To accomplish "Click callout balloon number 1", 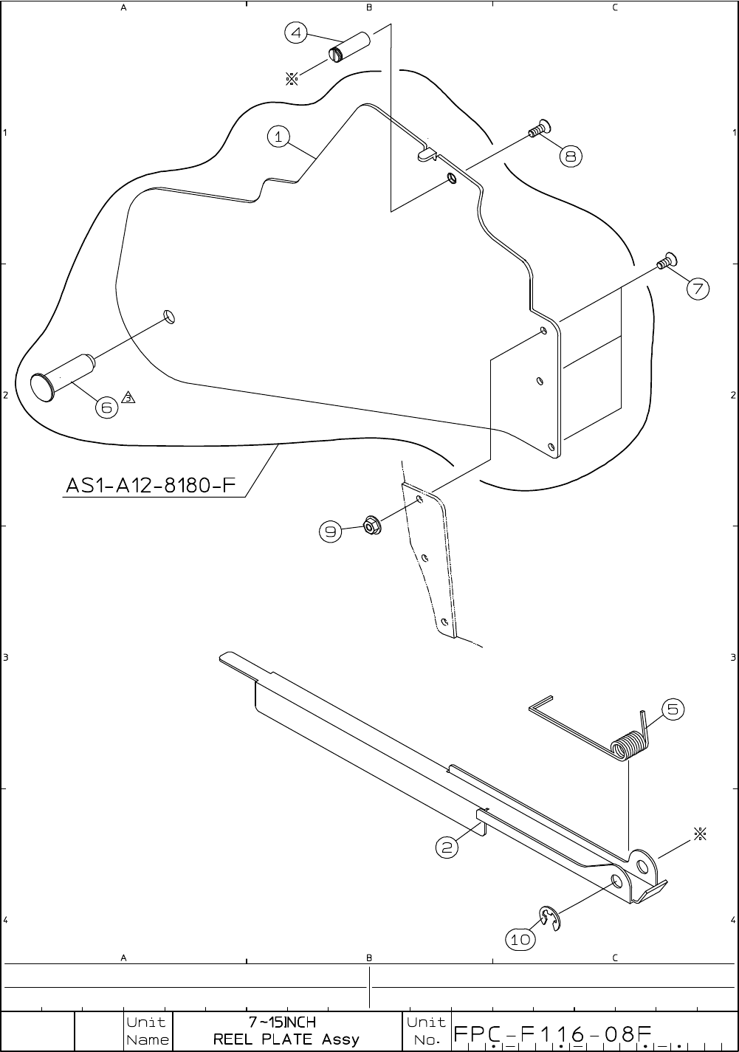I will pyautogui.click(x=278, y=137).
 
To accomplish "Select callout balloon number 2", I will pyautogui.click(x=447, y=848).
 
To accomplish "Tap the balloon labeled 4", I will pyautogui.click(x=296, y=33).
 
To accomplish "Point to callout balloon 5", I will pyautogui.click(x=673, y=710).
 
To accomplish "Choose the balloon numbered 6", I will pyautogui.click(x=107, y=407).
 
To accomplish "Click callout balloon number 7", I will pyautogui.click(x=698, y=288).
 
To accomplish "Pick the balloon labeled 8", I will pyautogui.click(x=571, y=156).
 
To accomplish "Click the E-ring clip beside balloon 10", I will pyautogui.click(x=549, y=918).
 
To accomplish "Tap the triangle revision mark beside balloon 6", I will pyautogui.click(x=128, y=398).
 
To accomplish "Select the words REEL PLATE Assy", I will pyautogui.click(x=286, y=1039).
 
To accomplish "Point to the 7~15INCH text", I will pyautogui.click(x=282, y=1022).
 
